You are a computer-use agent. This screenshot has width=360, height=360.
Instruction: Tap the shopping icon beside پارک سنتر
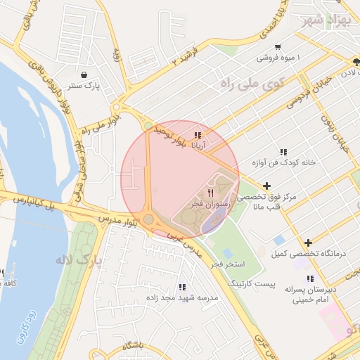pyautogui.click(x=84, y=75)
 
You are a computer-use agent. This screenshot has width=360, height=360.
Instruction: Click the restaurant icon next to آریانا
pyautogui.click(x=198, y=135)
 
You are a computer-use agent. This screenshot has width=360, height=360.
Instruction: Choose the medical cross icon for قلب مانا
pyautogui.click(x=266, y=186)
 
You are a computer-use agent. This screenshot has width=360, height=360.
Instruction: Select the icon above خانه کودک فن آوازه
pyautogui.click(x=283, y=152)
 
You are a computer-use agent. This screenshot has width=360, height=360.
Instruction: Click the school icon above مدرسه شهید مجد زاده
pyautogui.click(x=182, y=287)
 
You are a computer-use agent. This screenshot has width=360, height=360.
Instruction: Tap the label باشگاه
pyautogui.click(x=132, y=346)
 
